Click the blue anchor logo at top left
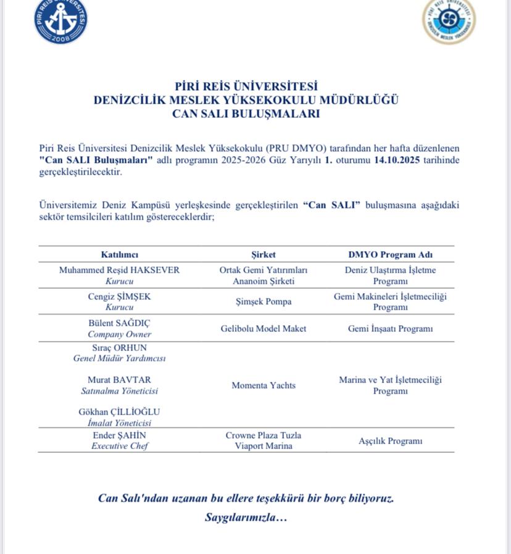pos(60,21)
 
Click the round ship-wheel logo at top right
pos(449,20)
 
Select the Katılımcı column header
pos(120,255)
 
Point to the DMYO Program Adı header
pos(390,255)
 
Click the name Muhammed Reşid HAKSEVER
pos(120,270)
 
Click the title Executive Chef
pos(120,446)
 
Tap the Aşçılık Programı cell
pos(390,441)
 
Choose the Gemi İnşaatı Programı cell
pos(390,329)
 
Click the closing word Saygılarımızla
pos(246,518)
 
